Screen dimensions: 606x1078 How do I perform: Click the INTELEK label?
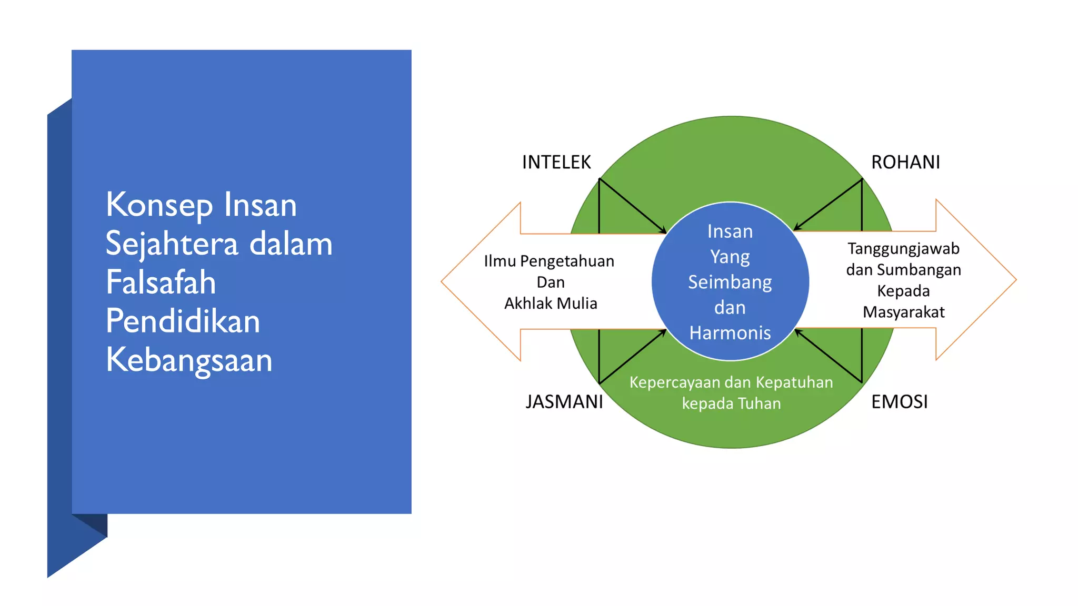tap(556, 162)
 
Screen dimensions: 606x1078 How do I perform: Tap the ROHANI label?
tap(905, 162)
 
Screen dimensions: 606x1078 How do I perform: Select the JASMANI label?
tap(564, 402)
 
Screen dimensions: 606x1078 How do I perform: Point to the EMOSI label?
tap(899, 402)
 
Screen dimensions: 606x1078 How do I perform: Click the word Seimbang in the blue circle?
tap(730, 282)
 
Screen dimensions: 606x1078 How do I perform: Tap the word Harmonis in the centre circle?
tap(730, 333)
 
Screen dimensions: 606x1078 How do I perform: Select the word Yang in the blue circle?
tap(730, 257)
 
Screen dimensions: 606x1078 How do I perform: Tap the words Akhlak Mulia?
tap(551, 304)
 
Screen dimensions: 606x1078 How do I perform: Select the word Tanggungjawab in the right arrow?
tap(903, 248)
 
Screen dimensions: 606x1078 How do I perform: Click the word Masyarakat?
tap(903, 312)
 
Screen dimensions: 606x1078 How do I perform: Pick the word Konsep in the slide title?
tap(159, 205)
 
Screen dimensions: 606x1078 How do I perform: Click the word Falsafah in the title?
tap(161, 282)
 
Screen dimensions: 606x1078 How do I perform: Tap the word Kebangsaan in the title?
tap(189, 360)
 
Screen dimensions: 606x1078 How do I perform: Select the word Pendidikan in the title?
tap(183, 321)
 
